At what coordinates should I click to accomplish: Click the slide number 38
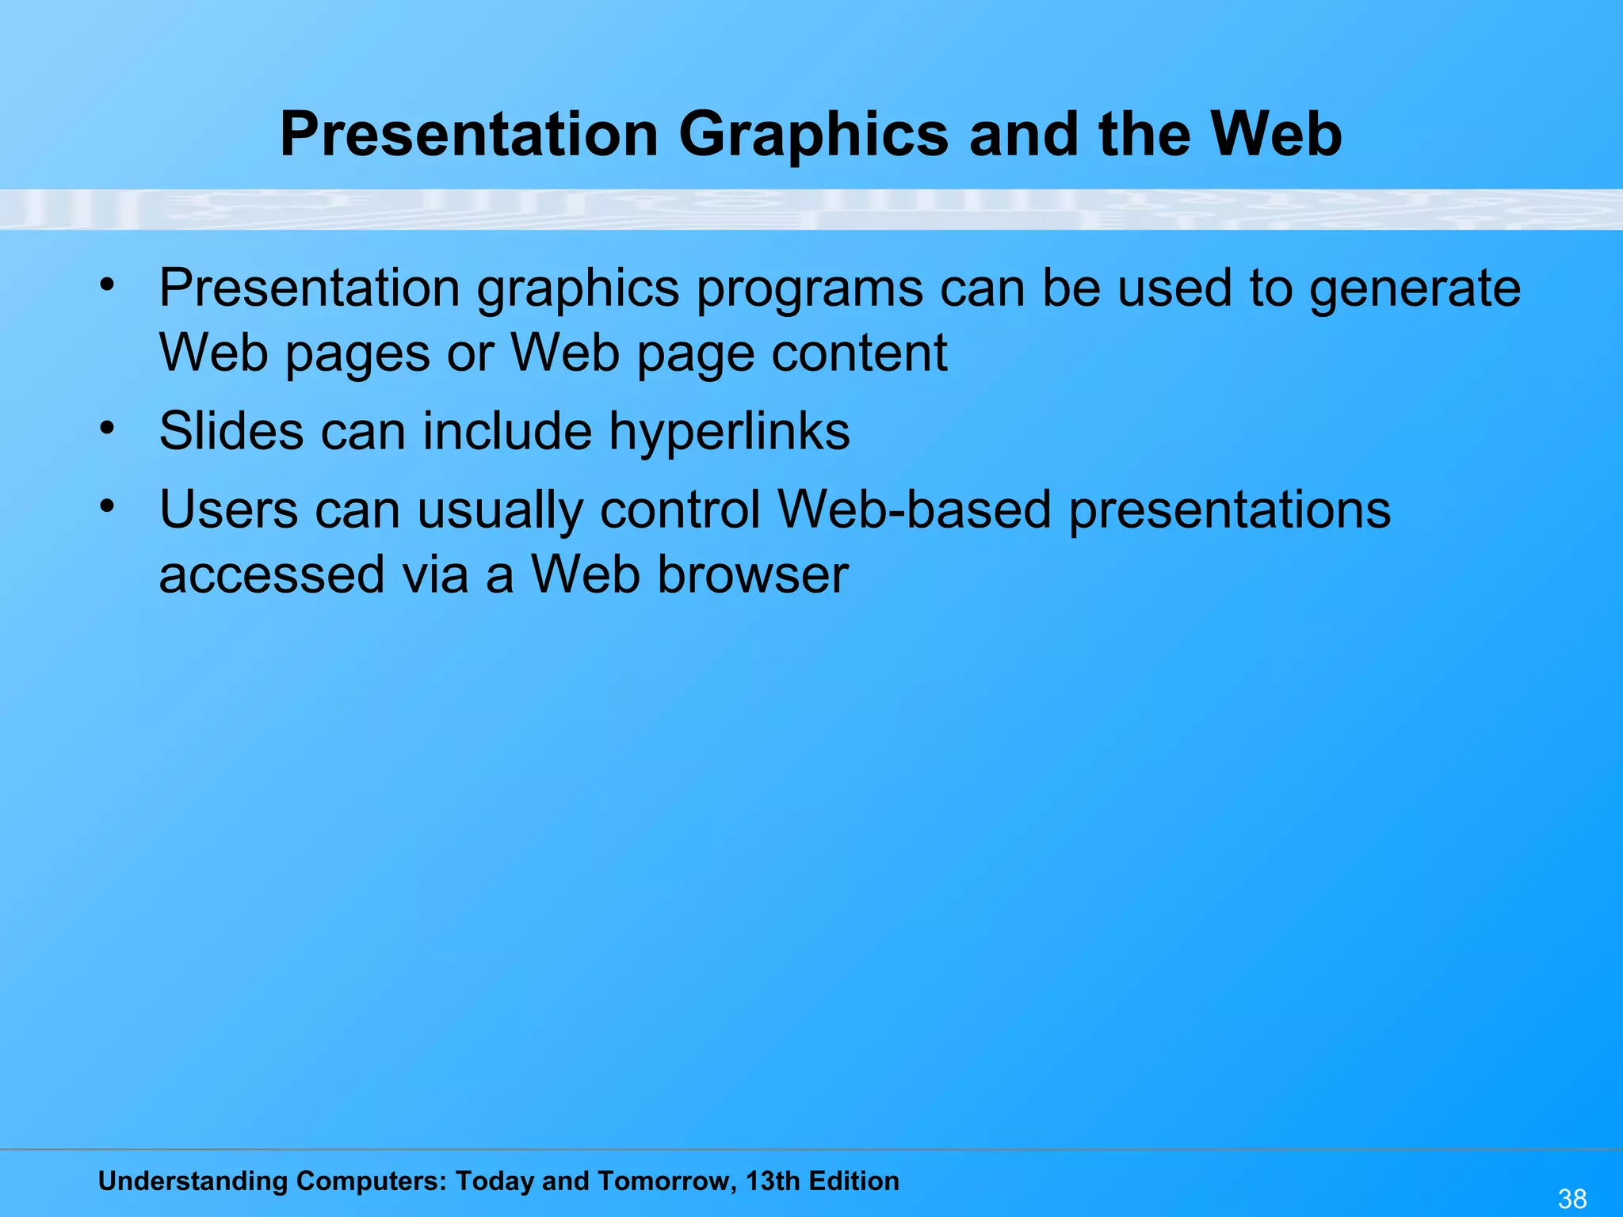click(1571, 1199)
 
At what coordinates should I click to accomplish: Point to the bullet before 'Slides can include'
click(108, 429)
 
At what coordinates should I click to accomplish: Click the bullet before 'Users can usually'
click(108, 506)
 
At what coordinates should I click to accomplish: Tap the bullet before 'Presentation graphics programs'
click(108, 284)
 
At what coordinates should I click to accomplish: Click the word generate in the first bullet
click(1415, 289)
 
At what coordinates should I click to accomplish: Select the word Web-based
click(914, 509)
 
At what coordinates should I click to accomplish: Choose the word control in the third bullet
click(681, 509)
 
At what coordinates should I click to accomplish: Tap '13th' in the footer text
click(773, 1181)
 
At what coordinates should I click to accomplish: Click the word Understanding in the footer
click(193, 1181)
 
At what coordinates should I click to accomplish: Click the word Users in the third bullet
click(228, 509)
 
